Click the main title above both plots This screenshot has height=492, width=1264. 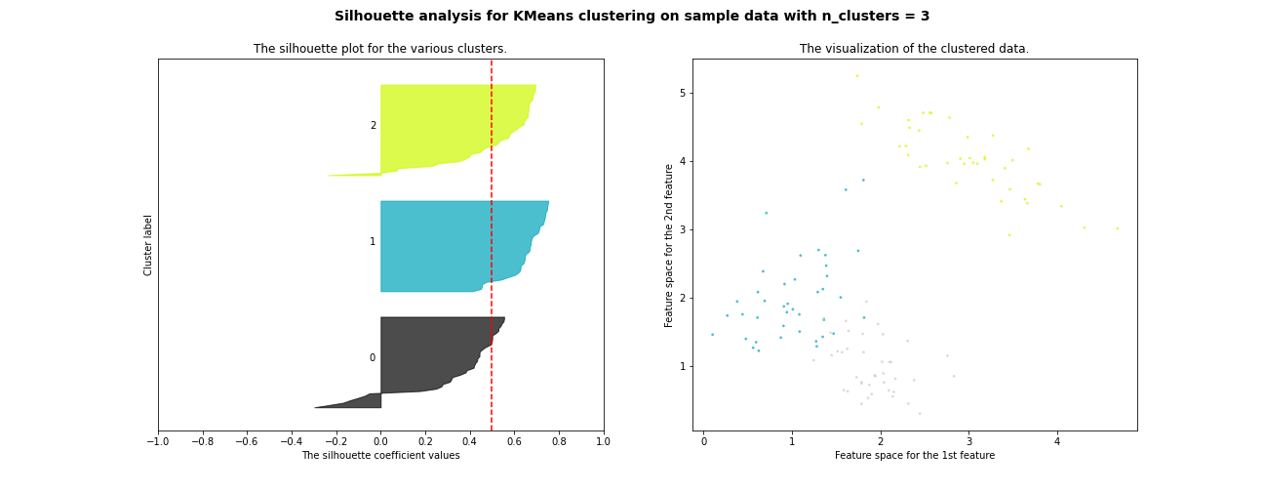pos(632,17)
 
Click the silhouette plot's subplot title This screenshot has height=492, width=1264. pos(380,49)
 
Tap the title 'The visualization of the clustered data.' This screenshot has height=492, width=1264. pos(914,49)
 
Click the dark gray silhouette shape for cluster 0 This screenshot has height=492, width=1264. pos(429,356)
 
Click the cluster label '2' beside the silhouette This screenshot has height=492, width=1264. pos(373,126)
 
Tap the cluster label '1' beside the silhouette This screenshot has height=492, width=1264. pos(373,242)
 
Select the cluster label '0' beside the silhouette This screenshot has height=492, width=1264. pos(373,358)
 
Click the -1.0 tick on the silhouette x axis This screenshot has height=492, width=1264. pos(158,441)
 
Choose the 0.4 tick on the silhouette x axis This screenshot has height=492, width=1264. pos(470,441)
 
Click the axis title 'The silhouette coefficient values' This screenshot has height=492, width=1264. pos(380,456)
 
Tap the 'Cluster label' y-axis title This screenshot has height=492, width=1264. pos(149,245)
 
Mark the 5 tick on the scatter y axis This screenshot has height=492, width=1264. pos(684,93)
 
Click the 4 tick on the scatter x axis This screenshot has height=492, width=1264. pos(1057,441)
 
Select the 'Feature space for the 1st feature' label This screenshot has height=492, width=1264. pos(914,456)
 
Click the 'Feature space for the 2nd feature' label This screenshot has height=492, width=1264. pos(669,245)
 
